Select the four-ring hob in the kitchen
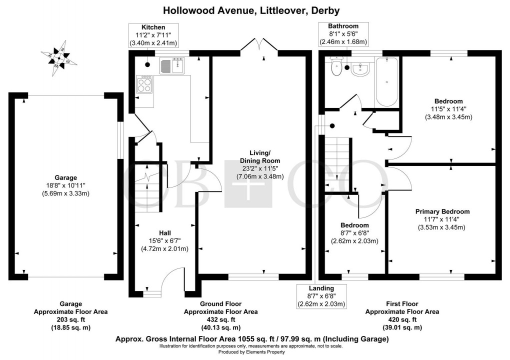click(x=144, y=84)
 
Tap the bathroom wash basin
click(x=359, y=69)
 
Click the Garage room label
click(x=65, y=177)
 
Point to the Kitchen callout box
click(x=153, y=35)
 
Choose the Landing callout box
click(x=321, y=296)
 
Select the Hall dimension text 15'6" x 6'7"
click(x=165, y=240)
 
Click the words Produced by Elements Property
click(x=251, y=352)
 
